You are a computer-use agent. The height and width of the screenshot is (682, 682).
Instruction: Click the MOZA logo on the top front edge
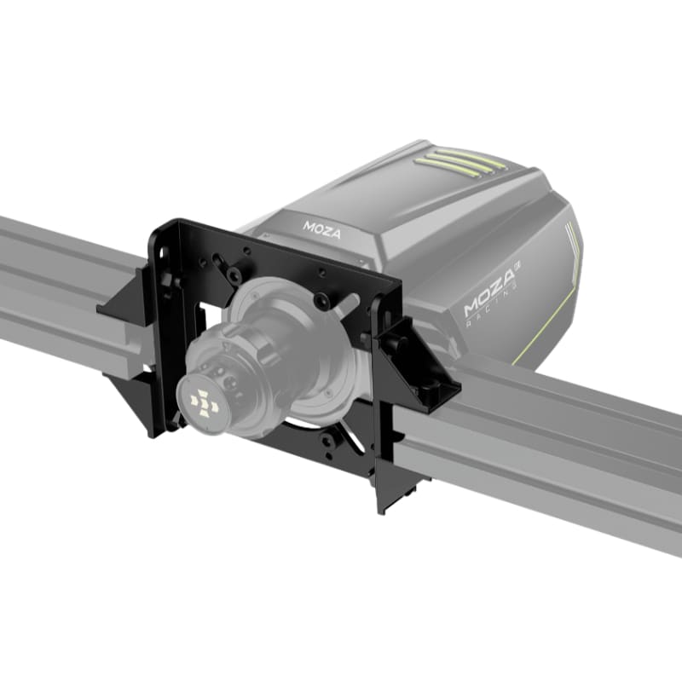pyautogui.click(x=322, y=227)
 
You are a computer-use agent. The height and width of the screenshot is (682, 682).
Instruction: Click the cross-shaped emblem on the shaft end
pyautogui.click(x=205, y=402)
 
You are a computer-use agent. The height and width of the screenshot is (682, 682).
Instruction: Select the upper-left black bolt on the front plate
pyautogui.click(x=233, y=274)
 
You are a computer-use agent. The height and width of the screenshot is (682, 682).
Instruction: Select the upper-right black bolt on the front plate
pyautogui.click(x=321, y=302)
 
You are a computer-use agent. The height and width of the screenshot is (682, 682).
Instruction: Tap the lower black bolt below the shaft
pyautogui.click(x=325, y=441)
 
